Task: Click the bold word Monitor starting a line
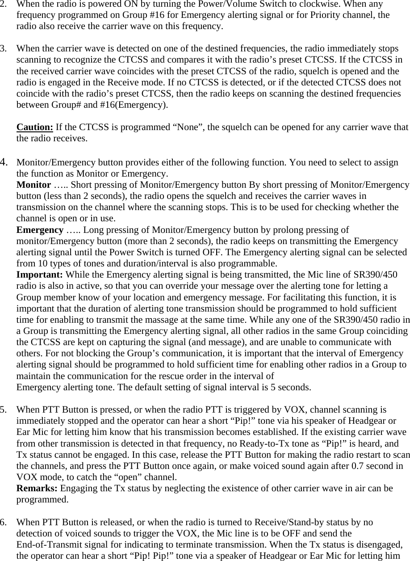click(33, 185)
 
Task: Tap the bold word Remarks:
click(37, 488)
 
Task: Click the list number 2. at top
click(4, 4)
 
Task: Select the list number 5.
click(4, 409)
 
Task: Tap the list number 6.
click(4, 522)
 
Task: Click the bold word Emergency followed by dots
click(39, 230)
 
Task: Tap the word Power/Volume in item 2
click(210, 4)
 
